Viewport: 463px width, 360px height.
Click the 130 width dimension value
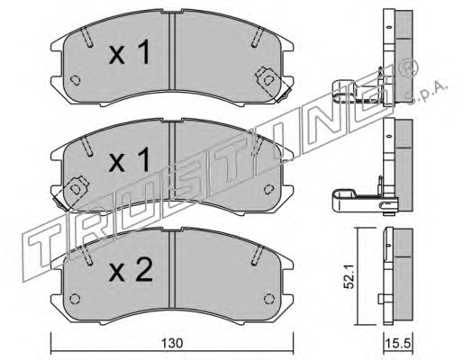(172, 343)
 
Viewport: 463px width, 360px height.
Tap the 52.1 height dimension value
(350, 278)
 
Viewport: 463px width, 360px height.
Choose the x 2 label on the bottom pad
(131, 269)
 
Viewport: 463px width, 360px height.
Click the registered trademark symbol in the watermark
(408, 67)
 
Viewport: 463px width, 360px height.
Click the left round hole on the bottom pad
(75, 299)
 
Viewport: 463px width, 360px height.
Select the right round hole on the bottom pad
(268, 299)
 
